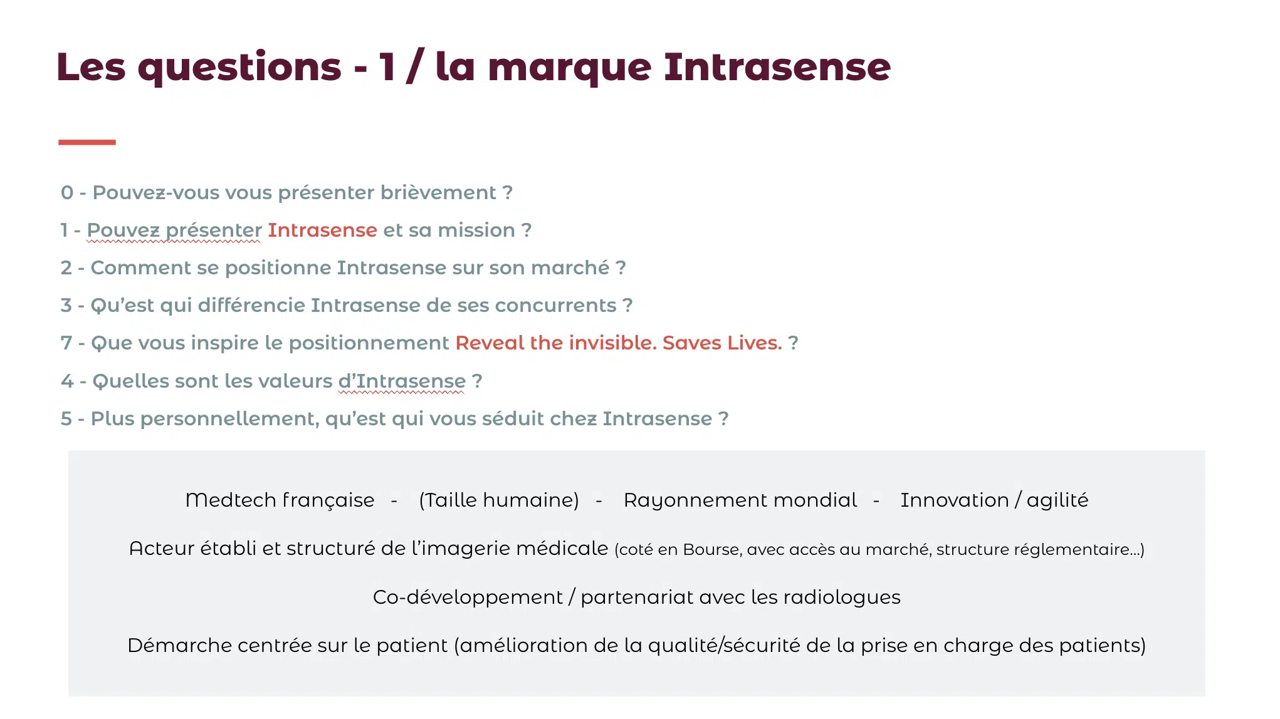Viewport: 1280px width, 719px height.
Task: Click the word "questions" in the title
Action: pyautogui.click(x=239, y=68)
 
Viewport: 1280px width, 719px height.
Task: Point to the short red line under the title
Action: pyautogui.click(x=87, y=142)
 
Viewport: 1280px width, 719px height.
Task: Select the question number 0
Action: pyautogui.click(x=67, y=192)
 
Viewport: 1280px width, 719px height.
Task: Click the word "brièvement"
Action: pyautogui.click(x=438, y=192)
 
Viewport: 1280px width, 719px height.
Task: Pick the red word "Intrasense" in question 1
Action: pyautogui.click(x=322, y=230)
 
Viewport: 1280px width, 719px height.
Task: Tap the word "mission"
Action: pyautogui.click(x=476, y=230)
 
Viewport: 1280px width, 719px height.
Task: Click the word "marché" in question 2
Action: pyautogui.click(x=570, y=267)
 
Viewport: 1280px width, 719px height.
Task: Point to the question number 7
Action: pyautogui.click(x=66, y=343)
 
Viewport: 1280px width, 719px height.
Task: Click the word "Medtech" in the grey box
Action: pyautogui.click(x=231, y=500)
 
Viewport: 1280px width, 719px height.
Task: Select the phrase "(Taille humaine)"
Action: pyautogui.click(x=499, y=500)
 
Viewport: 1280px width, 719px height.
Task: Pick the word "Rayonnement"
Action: pyautogui.click(x=696, y=500)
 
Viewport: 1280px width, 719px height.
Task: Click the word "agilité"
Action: pyautogui.click(x=1057, y=500)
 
